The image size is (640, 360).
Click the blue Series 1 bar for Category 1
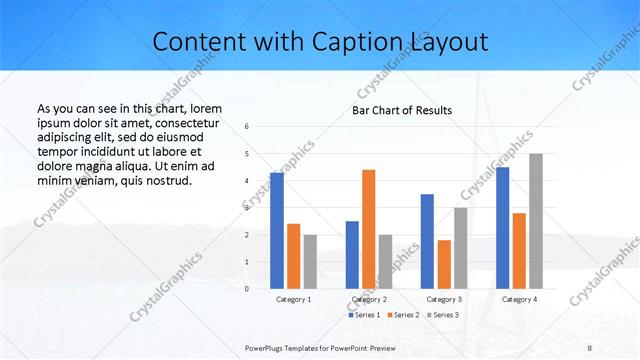[x=277, y=230]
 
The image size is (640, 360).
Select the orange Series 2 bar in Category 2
[x=369, y=229]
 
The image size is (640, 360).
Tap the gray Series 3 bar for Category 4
[x=536, y=221]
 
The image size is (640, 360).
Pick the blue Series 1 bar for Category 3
[x=427, y=241]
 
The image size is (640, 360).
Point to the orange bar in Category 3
[x=444, y=264]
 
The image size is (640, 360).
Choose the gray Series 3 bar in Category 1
[x=310, y=261]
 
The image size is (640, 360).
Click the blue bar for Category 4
[x=503, y=227]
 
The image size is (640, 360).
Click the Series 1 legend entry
[x=365, y=315]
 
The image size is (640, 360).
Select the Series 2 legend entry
[x=404, y=315]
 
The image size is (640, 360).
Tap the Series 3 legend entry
[x=443, y=315]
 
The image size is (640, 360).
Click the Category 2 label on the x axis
[x=369, y=300]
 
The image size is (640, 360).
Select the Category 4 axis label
[x=519, y=300]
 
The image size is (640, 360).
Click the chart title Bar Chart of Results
[x=402, y=110]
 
